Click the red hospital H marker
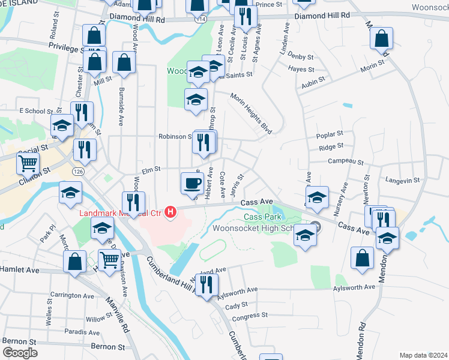click(x=172, y=212)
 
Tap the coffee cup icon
click(x=191, y=182)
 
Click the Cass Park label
click(x=262, y=216)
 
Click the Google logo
click(x=20, y=353)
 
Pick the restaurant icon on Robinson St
click(x=204, y=143)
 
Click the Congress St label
click(x=249, y=316)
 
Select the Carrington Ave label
click(x=72, y=296)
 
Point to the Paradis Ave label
click(x=83, y=332)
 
